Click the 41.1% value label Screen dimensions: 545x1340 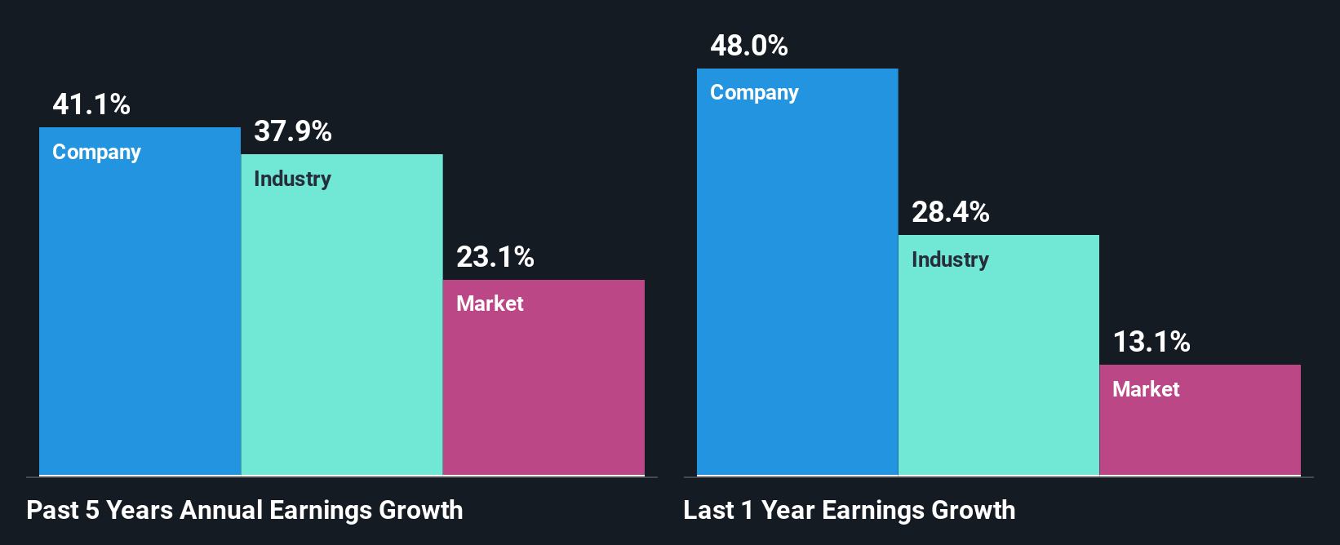(x=91, y=104)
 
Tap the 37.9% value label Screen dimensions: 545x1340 (x=293, y=131)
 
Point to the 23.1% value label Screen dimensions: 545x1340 (x=495, y=258)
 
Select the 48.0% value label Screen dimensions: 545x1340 (x=749, y=46)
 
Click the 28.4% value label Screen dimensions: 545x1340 (x=951, y=212)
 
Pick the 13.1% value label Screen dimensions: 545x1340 (x=1151, y=342)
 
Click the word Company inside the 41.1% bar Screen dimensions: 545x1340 (x=96, y=153)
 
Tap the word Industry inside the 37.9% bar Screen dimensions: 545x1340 (x=292, y=179)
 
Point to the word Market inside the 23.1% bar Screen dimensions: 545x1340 (x=490, y=304)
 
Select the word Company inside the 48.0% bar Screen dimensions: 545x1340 (x=754, y=93)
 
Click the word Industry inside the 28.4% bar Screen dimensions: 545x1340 (x=950, y=260)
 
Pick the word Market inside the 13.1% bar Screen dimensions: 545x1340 (x=1146, y=390)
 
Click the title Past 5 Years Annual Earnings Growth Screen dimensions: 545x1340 (x=245, y=511)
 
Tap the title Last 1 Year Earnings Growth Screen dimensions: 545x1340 (x=850, y=511)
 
